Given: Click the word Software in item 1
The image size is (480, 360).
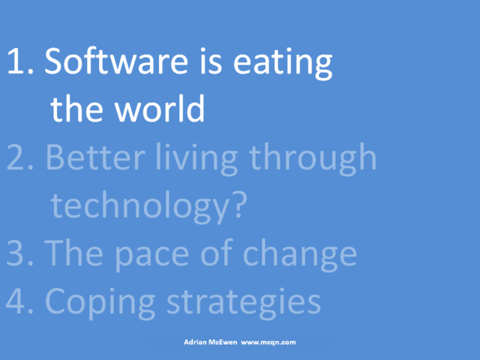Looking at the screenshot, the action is coord(116,61).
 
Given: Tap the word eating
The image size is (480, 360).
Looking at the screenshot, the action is coord(283,64).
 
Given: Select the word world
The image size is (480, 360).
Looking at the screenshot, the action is coord(160,108).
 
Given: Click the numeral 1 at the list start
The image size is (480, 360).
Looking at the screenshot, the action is coord(16,61).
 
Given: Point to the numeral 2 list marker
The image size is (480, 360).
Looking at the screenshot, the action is coord(16,157).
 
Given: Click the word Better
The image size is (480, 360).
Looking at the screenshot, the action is coord(95,157).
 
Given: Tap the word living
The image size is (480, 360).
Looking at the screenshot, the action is coord(196,159).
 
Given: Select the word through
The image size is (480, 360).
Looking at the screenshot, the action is coord(313,159).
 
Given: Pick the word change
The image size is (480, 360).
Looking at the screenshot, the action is coord(300,255).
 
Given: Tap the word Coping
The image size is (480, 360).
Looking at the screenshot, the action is coord(100,304).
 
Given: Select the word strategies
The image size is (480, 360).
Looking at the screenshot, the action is coord(244,304).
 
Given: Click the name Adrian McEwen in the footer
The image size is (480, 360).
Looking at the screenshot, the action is coord(210,342).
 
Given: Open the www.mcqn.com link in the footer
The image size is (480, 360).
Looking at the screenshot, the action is coord(268,343).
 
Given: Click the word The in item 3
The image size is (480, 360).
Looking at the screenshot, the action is coord(73,252).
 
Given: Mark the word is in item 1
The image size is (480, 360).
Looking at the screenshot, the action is coord(211,61).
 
